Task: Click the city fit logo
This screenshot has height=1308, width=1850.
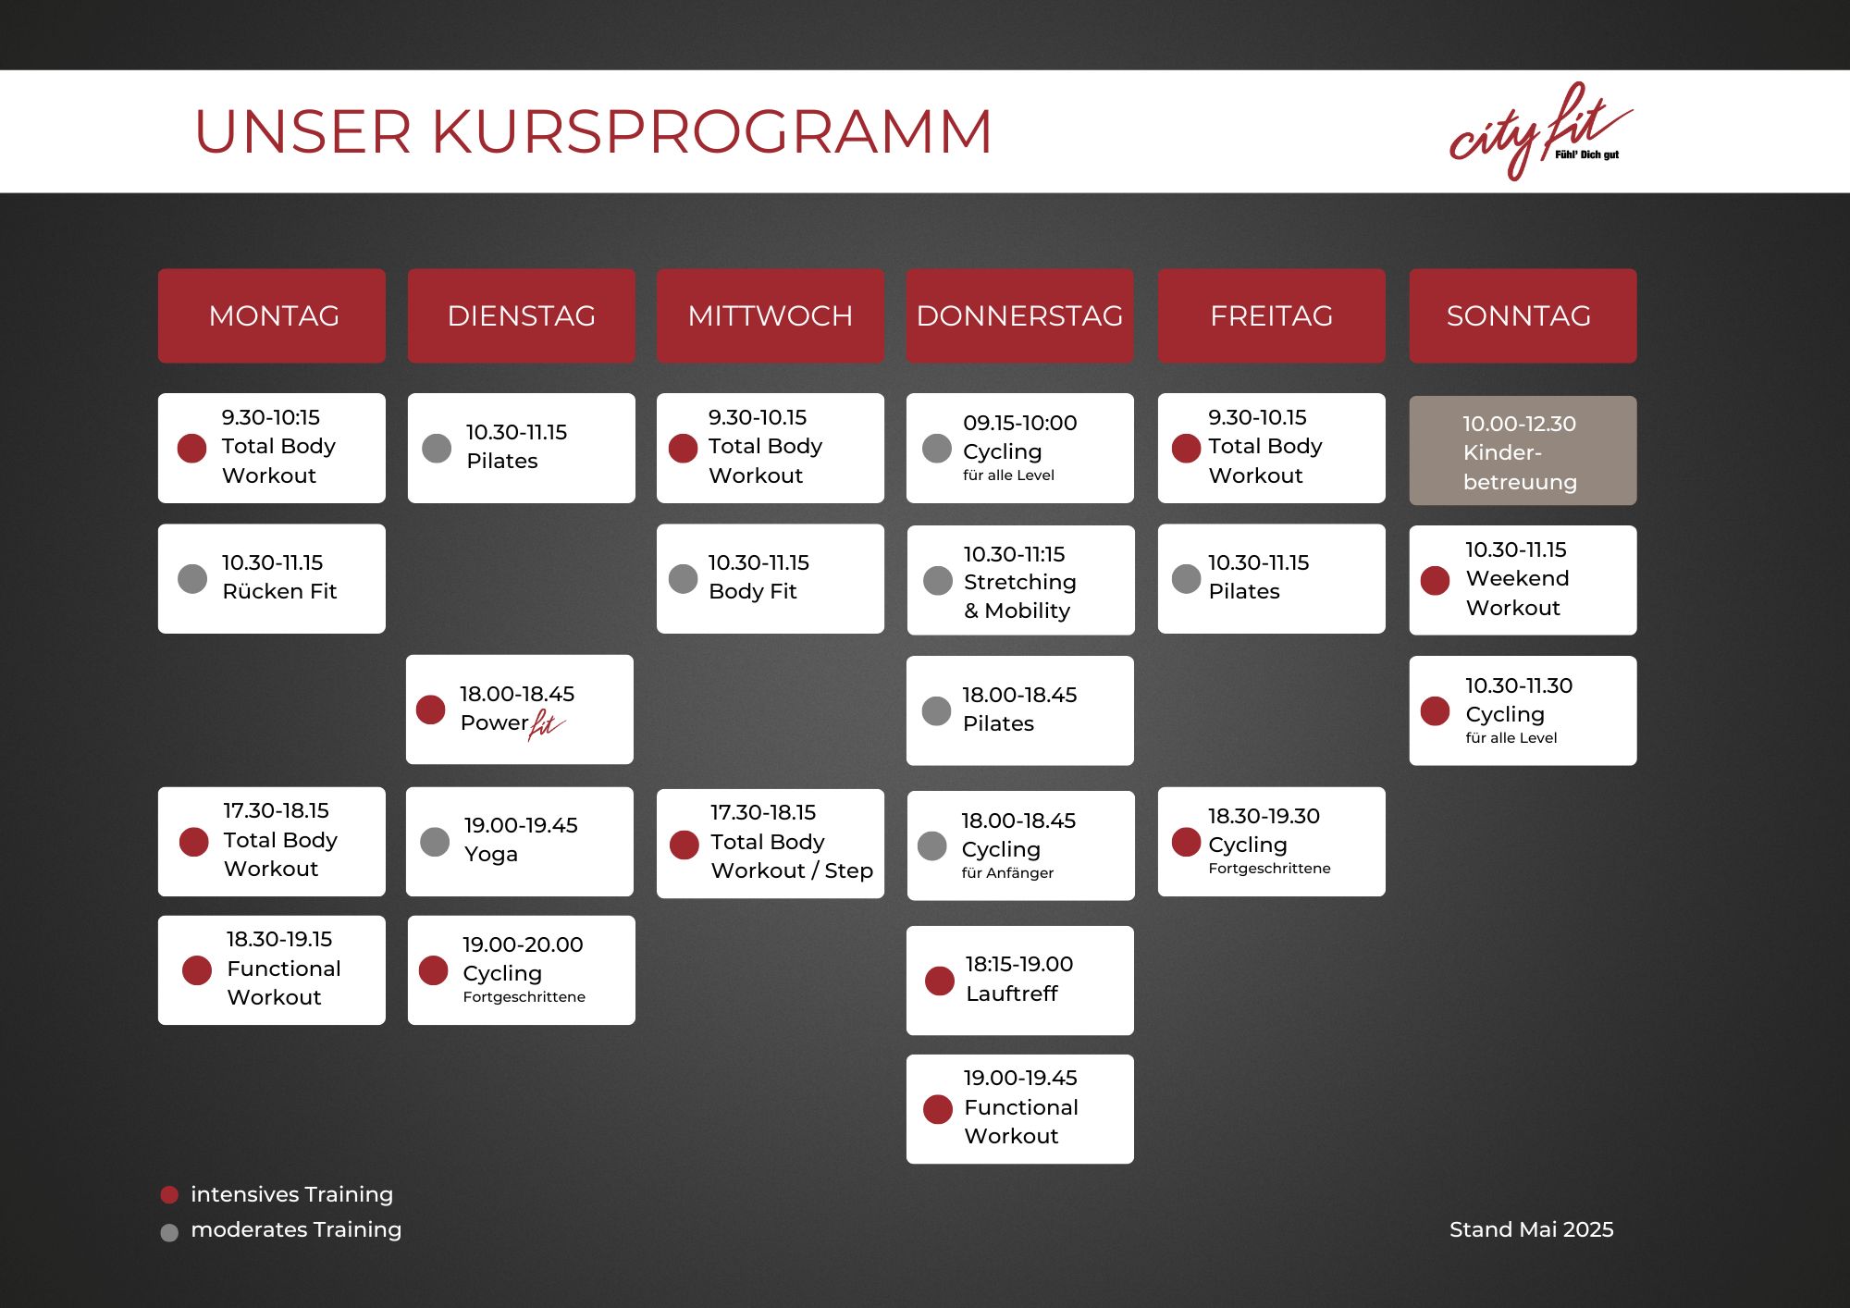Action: pyautogui.click(x=1540, y=131)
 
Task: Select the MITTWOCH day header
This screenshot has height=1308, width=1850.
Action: pyautogui.click(x=771, y=315)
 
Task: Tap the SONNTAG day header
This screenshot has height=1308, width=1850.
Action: pyautogui.click(x=1523, y=315)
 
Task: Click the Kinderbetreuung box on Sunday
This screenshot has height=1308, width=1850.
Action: pyautogui.click(x=1523, y=450)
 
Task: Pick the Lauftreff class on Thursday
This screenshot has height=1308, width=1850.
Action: pyautogui.click(x=1020, y=981)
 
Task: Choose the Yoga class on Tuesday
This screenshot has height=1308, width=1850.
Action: pyautogui.click(x=520, y=842)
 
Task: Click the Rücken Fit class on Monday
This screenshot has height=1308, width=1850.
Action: pyautogui.click(x=272, y=579)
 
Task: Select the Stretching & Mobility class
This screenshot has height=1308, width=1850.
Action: pyautogui.click(x=1021, y=580)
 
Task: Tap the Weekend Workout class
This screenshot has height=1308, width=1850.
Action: pyautogui.click(x=1523, y=580)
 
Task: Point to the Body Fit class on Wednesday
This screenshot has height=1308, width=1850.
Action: pyautogui.click(x=771, y=579)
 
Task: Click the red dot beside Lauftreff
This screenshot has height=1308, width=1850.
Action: pyautogui.click(x=940, y=981)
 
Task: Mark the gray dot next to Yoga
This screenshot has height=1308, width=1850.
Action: pyautogui.click(x=435, y=842)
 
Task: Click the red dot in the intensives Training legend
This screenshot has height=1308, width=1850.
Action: pyautogui.click(x=169, y=1195)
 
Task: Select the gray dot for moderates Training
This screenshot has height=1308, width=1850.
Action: pyautogui.click(x=169, y=1232)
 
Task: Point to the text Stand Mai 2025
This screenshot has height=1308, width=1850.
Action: pyautogui.click(x=1531, y=1229)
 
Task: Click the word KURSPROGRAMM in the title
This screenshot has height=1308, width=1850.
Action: pyautogui.click(x=711, y=131)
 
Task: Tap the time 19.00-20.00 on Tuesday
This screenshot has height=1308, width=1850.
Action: pyautogui.click(x=523, y=944)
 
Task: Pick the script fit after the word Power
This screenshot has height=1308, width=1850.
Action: pyautogui.click(x=546, y=724)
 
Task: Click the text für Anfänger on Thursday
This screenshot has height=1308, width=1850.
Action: pyautogui.click(x=1007, y=873)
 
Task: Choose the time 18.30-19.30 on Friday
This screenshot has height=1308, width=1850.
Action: pyautogui.click(x=1264, y=816)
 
